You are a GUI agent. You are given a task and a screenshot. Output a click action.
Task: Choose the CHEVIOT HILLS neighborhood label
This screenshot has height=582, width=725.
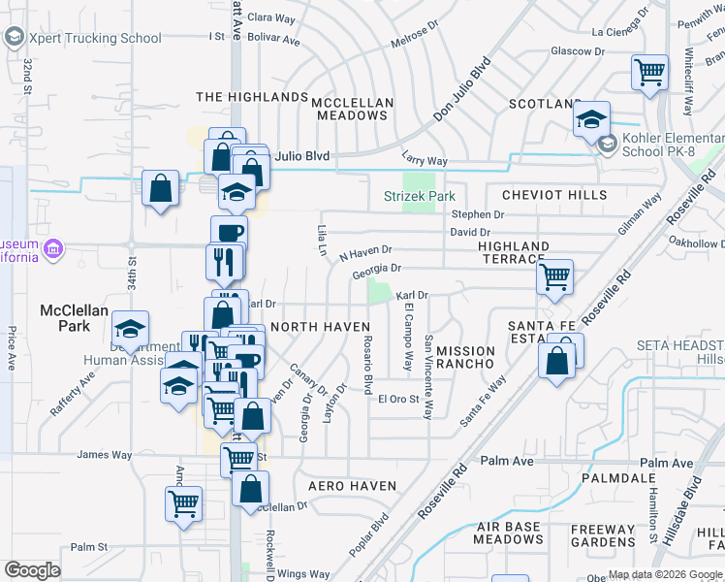pyautogui.click(x=553, y=195)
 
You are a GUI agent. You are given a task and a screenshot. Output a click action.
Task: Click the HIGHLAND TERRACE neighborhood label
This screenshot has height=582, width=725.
pyautogui.click(x=514, y=253)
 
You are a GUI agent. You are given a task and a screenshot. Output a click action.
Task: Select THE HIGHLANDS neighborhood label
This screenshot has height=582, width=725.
pyautogui.click(x=252, y=97)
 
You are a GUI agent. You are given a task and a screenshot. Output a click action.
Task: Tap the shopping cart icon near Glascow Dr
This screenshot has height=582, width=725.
pyautogui.click(x=649, y=72)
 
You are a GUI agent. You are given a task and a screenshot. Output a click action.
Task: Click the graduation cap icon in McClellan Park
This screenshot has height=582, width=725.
pyautogui.click(x=130, y=330)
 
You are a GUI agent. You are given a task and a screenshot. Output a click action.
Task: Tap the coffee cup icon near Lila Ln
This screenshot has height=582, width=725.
pyautogui.click(x=229, y=233)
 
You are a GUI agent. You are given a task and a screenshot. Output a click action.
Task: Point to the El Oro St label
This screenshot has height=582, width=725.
pyautogui.click(x=397, y=399)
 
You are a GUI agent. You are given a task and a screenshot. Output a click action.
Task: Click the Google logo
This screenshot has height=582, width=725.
pyautogui.click(x=32, y=570)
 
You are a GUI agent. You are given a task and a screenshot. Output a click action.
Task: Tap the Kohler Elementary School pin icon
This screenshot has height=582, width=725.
pyautogui.click(x=607, y=145)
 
